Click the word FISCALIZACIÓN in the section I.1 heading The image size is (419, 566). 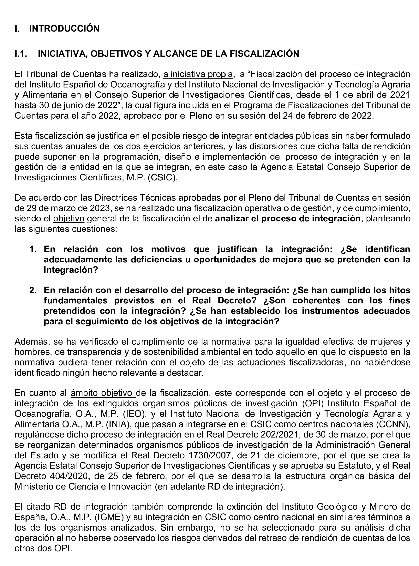264,54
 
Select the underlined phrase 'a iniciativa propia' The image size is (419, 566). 198,74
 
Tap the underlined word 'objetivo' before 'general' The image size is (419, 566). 69,218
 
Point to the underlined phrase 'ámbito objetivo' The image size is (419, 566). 103,393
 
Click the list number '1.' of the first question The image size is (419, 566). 33,249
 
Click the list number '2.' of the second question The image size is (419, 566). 33,290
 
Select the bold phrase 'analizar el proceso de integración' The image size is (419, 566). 288,218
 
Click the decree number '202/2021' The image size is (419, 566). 275,434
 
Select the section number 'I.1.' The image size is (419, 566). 21,54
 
